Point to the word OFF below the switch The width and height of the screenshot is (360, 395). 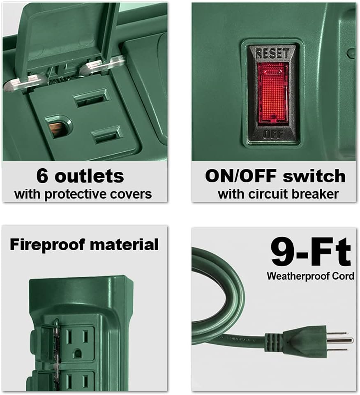click(272, 134)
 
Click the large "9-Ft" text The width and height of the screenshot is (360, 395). click(311, 252)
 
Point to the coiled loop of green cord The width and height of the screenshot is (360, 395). click(218, 296)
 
